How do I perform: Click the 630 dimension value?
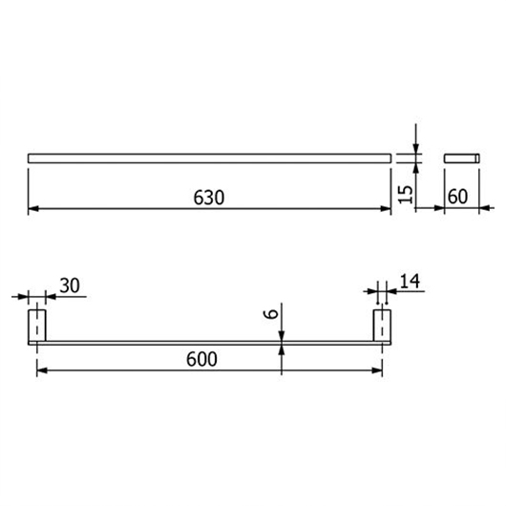pyautogui.click(x=209, y=198)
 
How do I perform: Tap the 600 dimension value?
pyautogui.click(x=201, y=359)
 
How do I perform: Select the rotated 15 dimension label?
pyautogui.click(x=406, y=194)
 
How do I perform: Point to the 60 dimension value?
pyautogui.click(x=457, y=197)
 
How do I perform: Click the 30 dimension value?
pyautogui.click(x=70, y=285)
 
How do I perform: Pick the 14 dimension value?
pyautogui.click(x=410, y=281)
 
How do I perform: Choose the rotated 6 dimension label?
pyautogui.click(x=271, y=314)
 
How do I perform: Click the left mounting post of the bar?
pyautogui.click(x=37, y=326)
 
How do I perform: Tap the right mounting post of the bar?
pyautogui.click(x=382, y=326)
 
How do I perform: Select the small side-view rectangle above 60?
pyautogui.click(x=462, y=158)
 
